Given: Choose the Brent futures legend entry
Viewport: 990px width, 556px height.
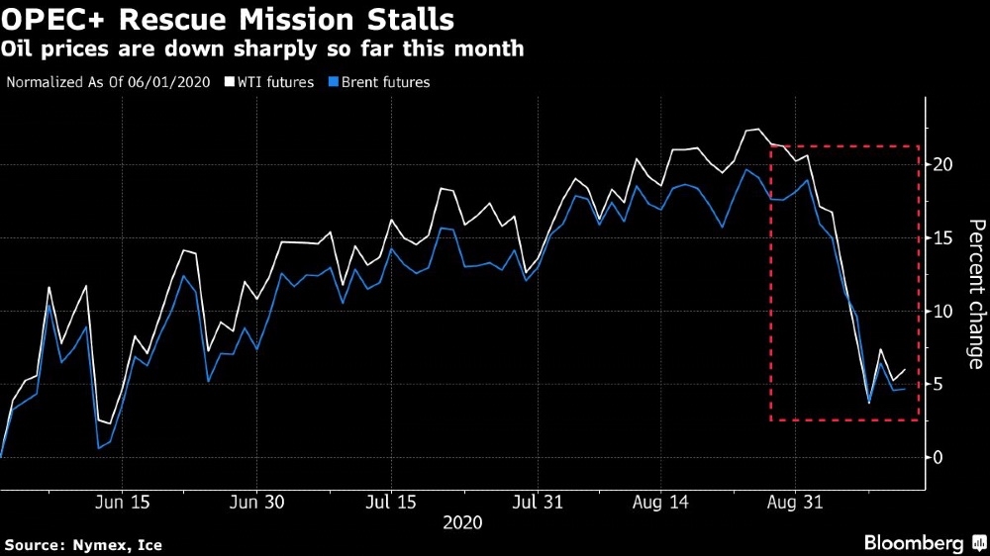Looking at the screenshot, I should point(384,82).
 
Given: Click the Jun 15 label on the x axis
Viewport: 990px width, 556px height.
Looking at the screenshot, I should point(123,503).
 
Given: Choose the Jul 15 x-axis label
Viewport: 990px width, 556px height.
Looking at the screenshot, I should point(390,503).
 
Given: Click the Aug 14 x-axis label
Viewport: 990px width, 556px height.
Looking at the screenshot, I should point(661,503).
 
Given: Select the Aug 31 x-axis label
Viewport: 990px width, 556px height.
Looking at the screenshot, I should point(795,503).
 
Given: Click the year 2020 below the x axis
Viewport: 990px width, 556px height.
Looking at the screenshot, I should point(462,522).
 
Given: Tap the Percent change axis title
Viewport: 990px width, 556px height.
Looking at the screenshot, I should point(975,294).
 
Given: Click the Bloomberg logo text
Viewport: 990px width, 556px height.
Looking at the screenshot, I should point(914,543).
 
